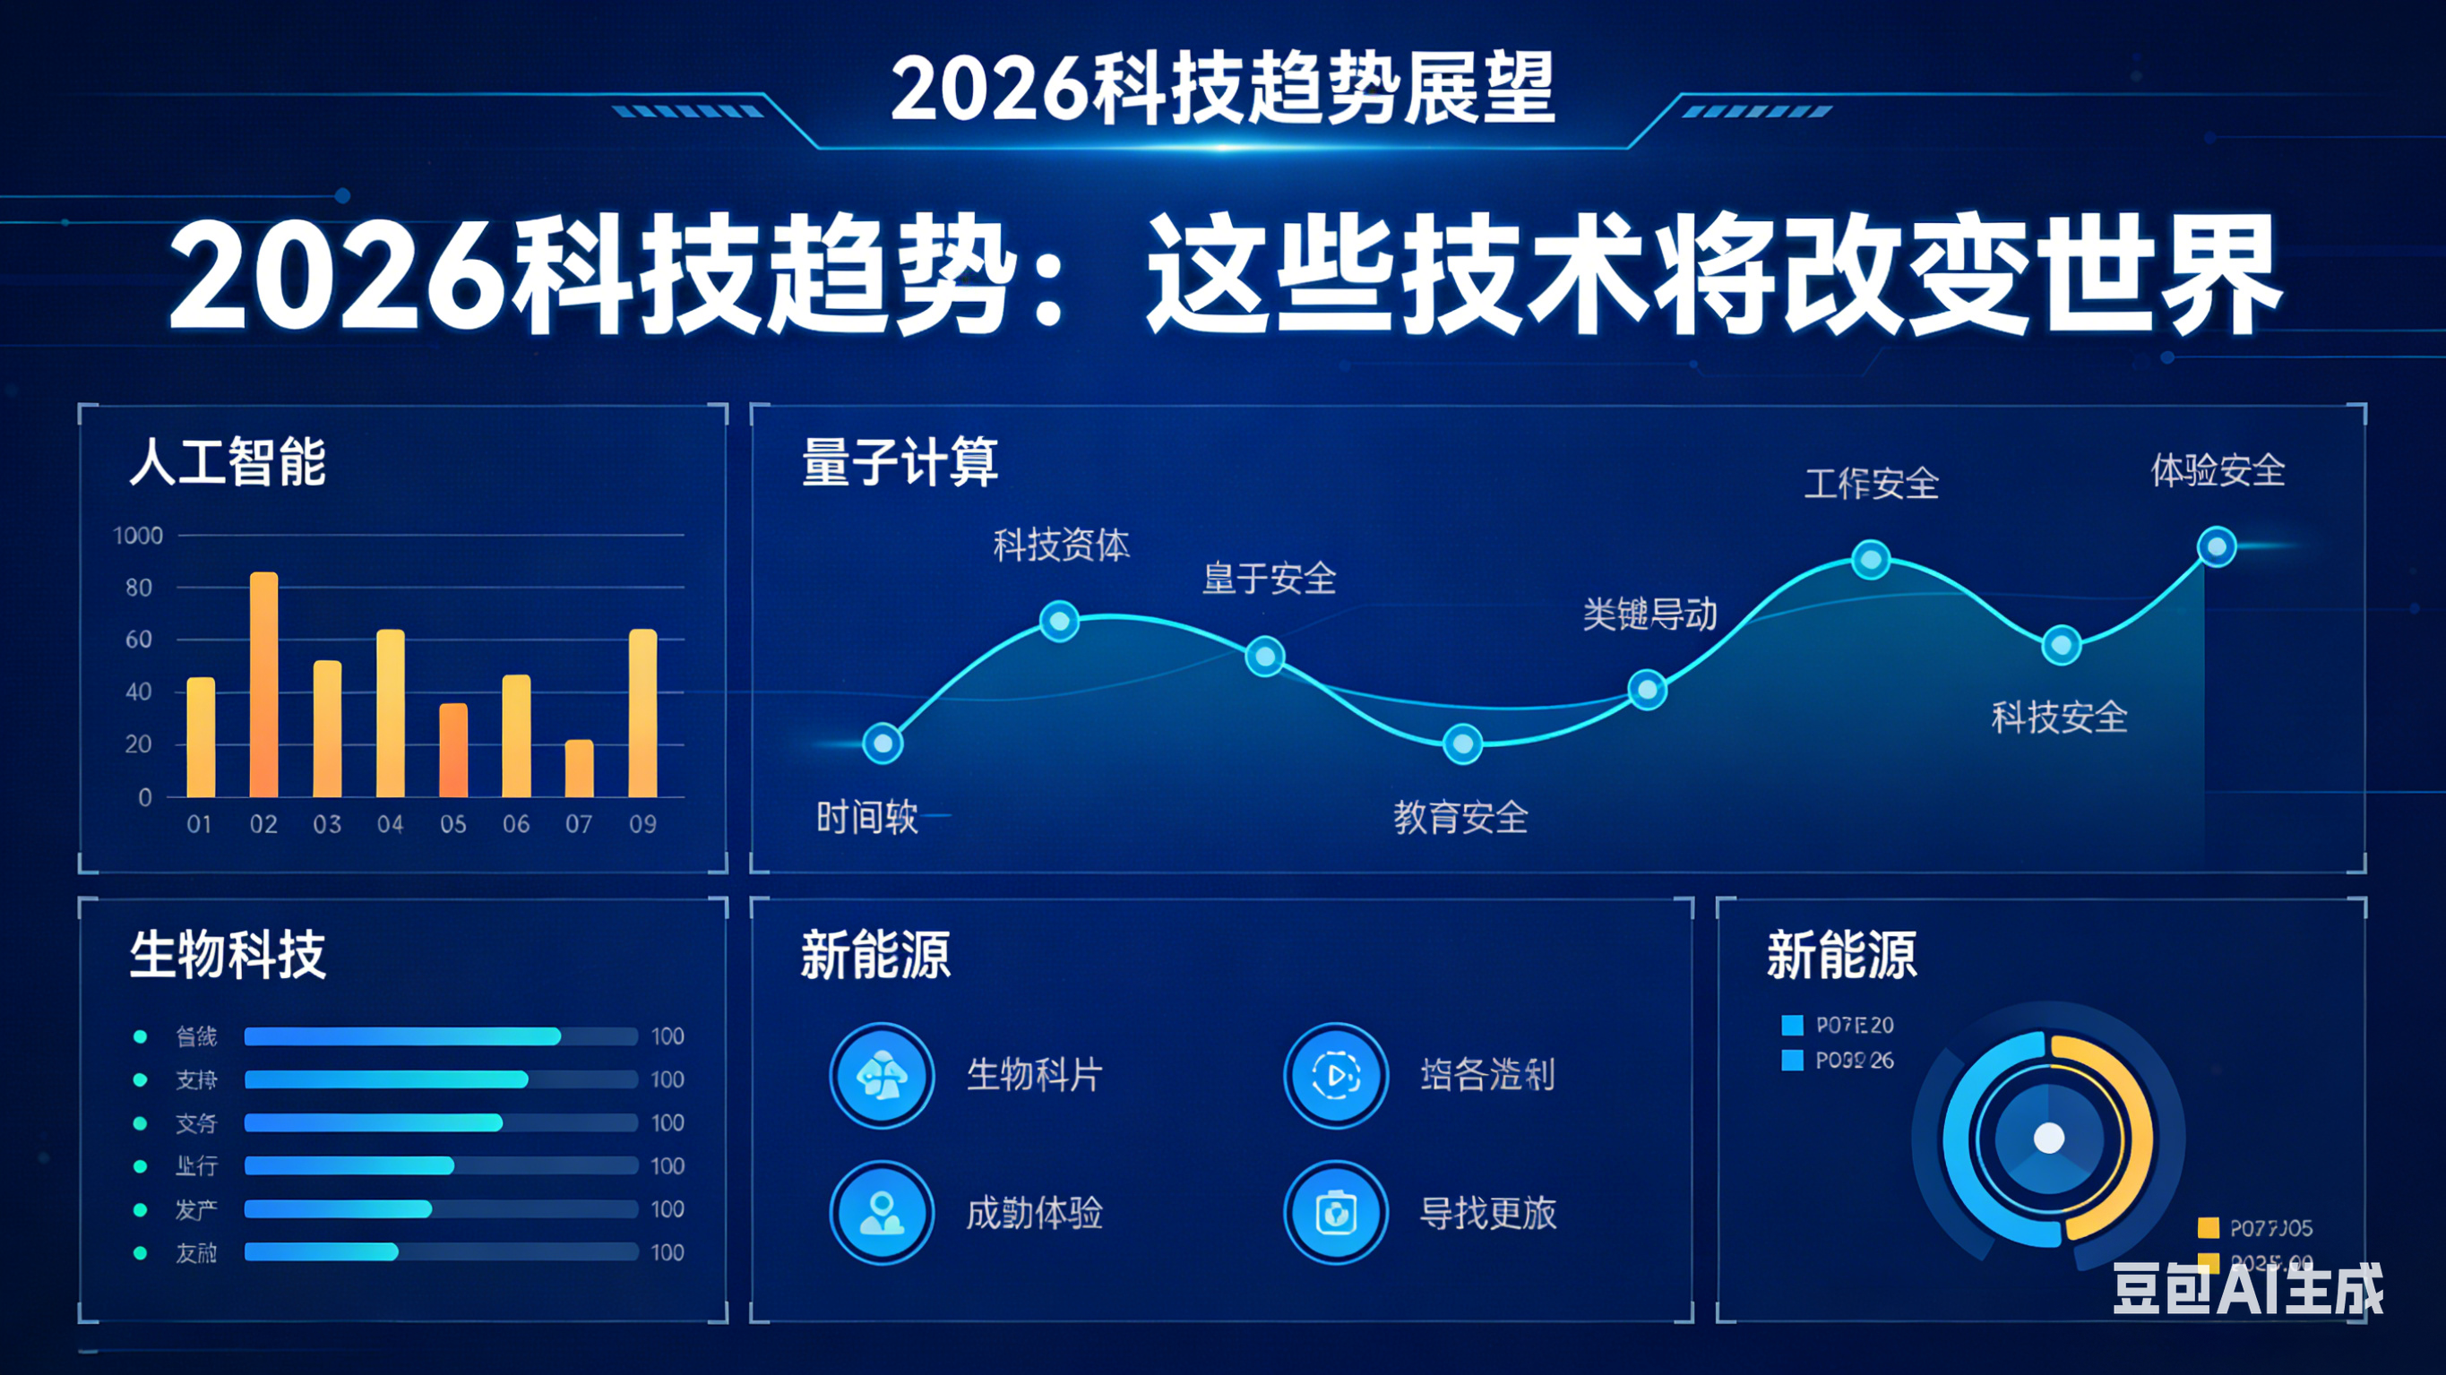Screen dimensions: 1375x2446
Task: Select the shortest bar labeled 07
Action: pyautogui.click(x=579, y=769)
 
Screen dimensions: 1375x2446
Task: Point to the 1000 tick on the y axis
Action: pyautogui.click(x=138, y=536)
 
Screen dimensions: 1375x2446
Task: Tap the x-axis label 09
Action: pyautogui.click(x=642, y=824)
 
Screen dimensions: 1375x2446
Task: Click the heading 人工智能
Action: pyautogui.click(x=228, y=462)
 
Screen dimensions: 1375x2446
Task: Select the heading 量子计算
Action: pyautogui.click(x=900, y=462)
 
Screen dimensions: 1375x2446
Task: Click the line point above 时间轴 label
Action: pyautogui.click(x=883, y=743)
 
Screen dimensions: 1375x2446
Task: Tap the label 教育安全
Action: pyautogui.click(x=1460, y=818)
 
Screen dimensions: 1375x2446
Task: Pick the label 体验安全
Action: pyautogui.click(x=2218, y=471)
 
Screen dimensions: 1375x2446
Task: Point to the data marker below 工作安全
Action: pyautogui.click(x=1871, y=559)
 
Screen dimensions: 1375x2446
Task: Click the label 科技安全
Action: pyautogui.click(x=2059, y=717)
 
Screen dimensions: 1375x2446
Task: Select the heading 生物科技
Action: pyautogui.click(x=228, y=954)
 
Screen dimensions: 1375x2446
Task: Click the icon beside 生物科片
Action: pyautogui.click(x=883, y=1075)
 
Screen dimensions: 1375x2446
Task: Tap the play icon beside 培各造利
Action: pyautogui.click(x=1336, y=1075)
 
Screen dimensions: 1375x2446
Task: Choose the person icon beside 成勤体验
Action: pyautogui.click(x=883, y=1213)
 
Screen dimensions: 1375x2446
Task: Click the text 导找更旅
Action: pyautogui.click(x=1487, y=1213)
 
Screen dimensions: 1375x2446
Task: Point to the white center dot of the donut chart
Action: pyautogui.click(x=2049, y=1137)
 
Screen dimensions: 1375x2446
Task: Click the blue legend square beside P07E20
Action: pyautogui.click(x=1792, y=1026)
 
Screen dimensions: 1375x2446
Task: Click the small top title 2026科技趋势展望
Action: pyautogui.click(x=1222, y=89)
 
